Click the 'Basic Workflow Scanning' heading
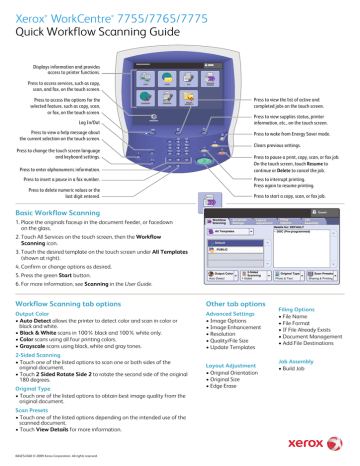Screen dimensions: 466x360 click(x=65, y=214)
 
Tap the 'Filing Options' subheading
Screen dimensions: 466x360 click(x=310, y=311)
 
